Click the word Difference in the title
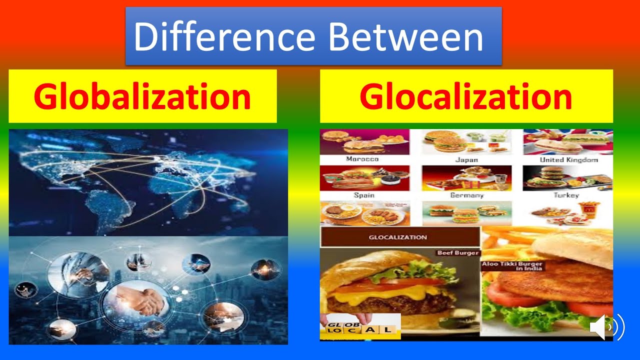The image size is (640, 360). coord(224,36)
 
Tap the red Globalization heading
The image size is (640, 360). coord(142,97)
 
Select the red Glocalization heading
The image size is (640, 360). coord(465,97)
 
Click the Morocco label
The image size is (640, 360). coord(362,159)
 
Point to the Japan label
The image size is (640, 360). coord(466,160)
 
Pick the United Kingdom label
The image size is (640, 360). coord(569,160)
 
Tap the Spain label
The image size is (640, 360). coord(364,195)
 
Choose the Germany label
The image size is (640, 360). coord(466,195)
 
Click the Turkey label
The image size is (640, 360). coord(566,195)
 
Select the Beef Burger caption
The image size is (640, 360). coord(458,253)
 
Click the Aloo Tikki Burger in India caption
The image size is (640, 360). coord(513,265)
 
